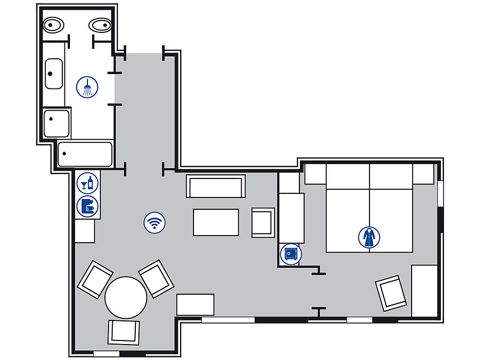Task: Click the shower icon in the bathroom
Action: [x=87, y=86]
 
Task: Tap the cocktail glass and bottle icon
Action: [x=85, y=183]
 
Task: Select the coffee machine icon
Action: [x=86, y=206]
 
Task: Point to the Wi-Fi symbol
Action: [x=154, y=223]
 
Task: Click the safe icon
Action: [x=291, y=254]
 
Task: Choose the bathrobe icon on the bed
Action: [x=369, y=238]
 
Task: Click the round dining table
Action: [x=126, y=297]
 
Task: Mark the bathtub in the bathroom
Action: [x=85, y=154]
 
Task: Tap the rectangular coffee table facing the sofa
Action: [x=216, y=222]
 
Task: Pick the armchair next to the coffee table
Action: [x=263, y=223]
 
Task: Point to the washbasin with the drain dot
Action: [x=53, y=74]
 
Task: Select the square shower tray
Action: [x=56, y=123]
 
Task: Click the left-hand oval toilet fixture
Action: [x=53, y=25]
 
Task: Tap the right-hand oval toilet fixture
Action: [x=99, y=25]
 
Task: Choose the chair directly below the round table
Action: [x=123, y=332]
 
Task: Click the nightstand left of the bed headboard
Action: [x=315, y=174]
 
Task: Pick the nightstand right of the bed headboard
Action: [x=423, y=174]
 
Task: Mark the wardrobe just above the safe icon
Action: [x=291, y=218]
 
